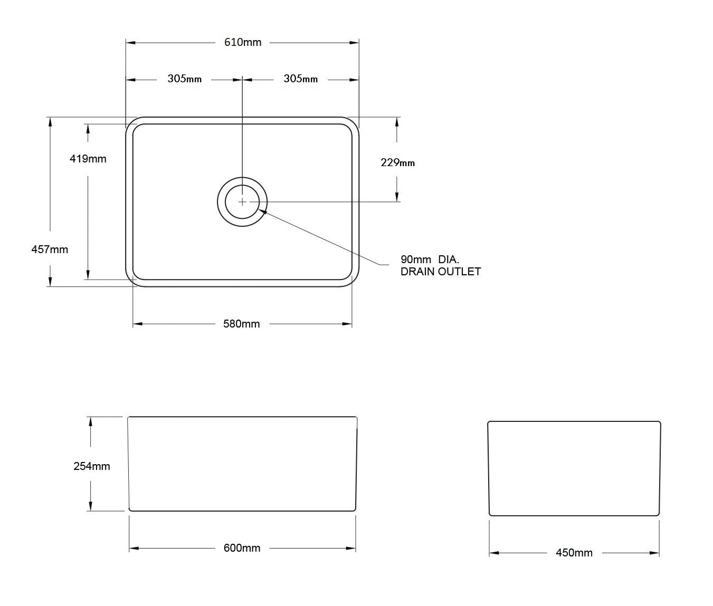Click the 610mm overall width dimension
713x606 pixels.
tap(243, 43)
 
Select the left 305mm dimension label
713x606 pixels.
tap(184, 79)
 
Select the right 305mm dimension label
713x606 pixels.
tap(300, 79)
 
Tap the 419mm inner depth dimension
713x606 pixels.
tap(88, 159)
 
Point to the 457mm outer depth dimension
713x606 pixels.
tap(50, 249)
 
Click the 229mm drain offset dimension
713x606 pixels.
tap(397, 163)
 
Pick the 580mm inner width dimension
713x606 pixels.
tap(242, 324)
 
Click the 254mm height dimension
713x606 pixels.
tap(91, 466)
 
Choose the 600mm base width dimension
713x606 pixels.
tap(242, 549)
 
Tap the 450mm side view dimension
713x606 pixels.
tap(574, 553)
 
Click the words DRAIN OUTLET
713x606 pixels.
tap(440, 272)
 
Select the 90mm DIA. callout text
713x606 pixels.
tap(430, 259)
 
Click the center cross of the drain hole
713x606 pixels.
tap(242, 201)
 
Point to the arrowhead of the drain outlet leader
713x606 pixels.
tap(261, 211)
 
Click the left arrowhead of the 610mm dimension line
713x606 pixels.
tap(130, 43)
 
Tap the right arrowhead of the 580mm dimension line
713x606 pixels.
tap(348, 324)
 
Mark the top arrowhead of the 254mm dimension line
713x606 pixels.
tap(91, 420)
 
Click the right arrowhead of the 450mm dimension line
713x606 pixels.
tap(655, 553)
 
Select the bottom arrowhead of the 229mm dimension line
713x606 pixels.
tap(397, 197)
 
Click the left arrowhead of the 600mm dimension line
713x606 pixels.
tap(134, 549)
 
